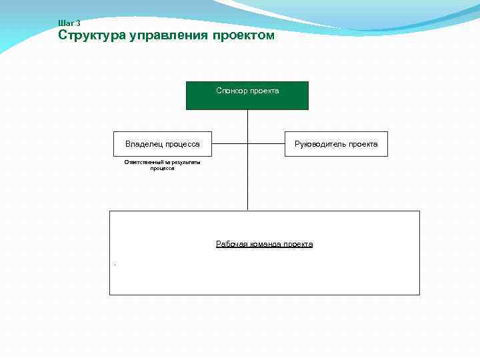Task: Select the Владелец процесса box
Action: click(x=162, y=144)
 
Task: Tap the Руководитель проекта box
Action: click(x=336, y=144)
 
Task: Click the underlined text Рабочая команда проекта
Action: click(x=264, y=244)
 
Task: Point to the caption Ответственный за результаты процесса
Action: click(x=162, y=165)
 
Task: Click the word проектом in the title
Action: click(x=243, y=35)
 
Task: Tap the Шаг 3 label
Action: click(x=69, y=23)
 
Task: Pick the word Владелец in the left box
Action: click(x=144, y=144)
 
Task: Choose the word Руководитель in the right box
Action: click(x=319, y=144)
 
